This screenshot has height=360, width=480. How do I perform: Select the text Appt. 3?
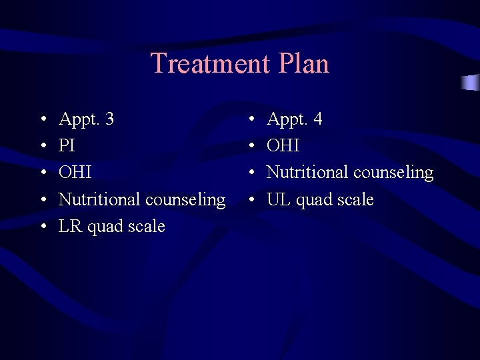86,119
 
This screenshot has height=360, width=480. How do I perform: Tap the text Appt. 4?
294,119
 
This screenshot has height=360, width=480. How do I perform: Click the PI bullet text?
67,146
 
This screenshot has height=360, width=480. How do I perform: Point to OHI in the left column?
75,173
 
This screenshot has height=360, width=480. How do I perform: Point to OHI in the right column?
283,146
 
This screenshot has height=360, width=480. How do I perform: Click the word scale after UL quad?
353,199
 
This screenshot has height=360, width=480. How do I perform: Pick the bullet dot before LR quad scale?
43,227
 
